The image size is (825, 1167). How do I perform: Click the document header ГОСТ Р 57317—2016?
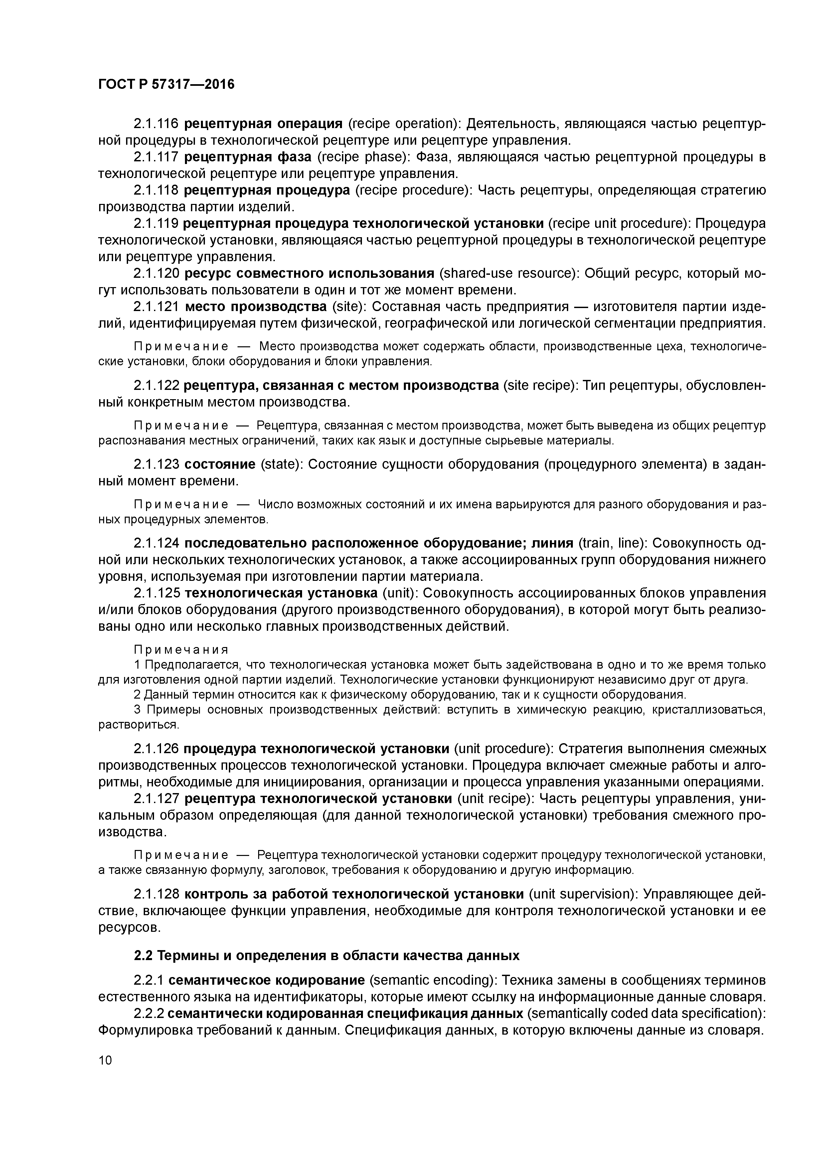166,84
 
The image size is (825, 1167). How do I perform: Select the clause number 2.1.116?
156,123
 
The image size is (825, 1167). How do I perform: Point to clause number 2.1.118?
156,191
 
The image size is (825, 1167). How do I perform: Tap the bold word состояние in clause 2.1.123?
220,464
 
